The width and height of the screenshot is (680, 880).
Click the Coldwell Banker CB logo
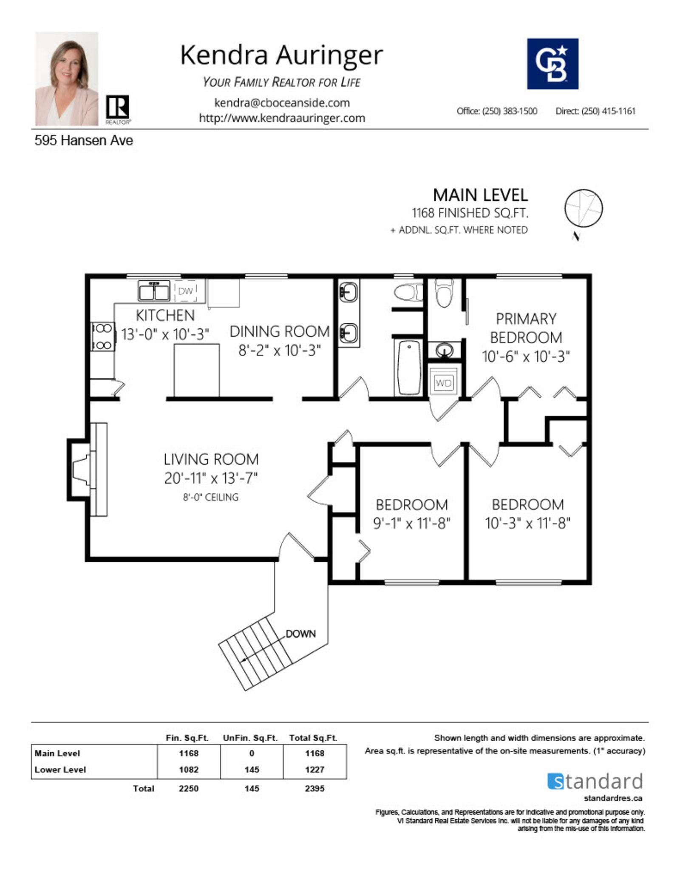pos(552,64)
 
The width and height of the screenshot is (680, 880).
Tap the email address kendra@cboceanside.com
pos(282,103)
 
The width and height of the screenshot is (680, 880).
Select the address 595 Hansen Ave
pos(84,140)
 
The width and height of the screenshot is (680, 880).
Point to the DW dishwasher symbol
pos(185,291)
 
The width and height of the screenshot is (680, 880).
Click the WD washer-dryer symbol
pos(443,383)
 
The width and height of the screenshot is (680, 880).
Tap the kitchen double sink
pos(153,291)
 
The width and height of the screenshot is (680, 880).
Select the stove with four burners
pos(102,337)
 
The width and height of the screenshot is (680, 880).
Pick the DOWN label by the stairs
pos(300,634)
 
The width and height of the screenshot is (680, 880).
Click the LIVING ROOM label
pos(211,459)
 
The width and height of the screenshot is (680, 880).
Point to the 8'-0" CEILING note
pos(210,497)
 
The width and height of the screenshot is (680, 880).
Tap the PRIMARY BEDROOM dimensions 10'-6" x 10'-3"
pos(526,356)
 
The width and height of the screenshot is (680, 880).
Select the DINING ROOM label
pos(280,331)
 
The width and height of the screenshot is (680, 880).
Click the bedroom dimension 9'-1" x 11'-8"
pos(411,523)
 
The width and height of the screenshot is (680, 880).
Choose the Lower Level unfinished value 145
pos(252,770)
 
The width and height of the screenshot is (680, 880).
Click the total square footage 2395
pos(314,788)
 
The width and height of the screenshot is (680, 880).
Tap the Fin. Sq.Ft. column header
pos(187,738)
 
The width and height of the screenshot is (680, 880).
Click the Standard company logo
pos(595,781)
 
